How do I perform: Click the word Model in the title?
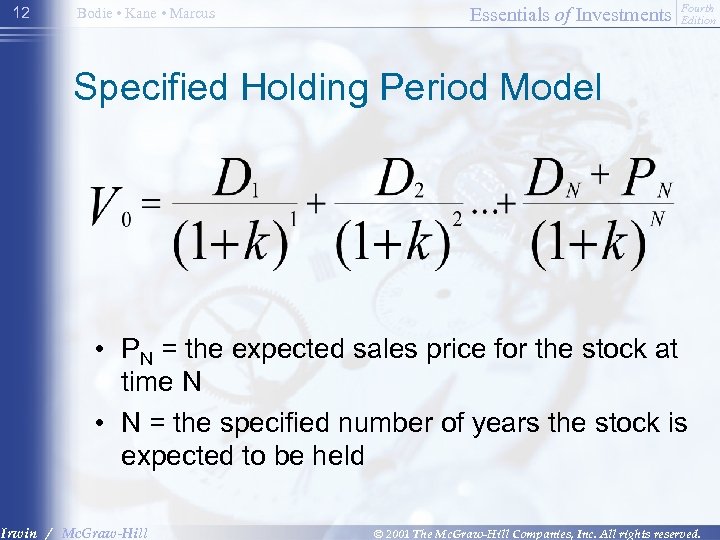[x=552, y=88]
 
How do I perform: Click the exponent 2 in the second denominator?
[x=457, y=218]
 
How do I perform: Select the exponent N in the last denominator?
[x=657, y=218]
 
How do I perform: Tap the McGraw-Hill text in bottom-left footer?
[x=104, y=533]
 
